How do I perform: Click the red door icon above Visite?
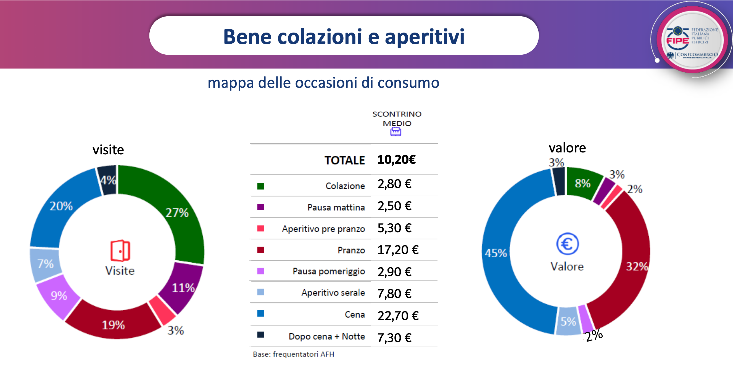(120, 251)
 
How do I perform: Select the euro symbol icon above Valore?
(567, 244)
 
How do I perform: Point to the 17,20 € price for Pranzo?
(398, 250)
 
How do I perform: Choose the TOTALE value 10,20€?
(396, 160)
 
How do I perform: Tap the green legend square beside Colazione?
(260, 186)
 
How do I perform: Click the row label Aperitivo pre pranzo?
(323, 229)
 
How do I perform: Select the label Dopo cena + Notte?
(327, 336)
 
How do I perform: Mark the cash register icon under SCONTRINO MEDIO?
(395, 132)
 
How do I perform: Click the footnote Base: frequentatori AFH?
(293, 354)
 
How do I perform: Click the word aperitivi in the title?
(424, 37)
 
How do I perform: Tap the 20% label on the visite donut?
(61, 206)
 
